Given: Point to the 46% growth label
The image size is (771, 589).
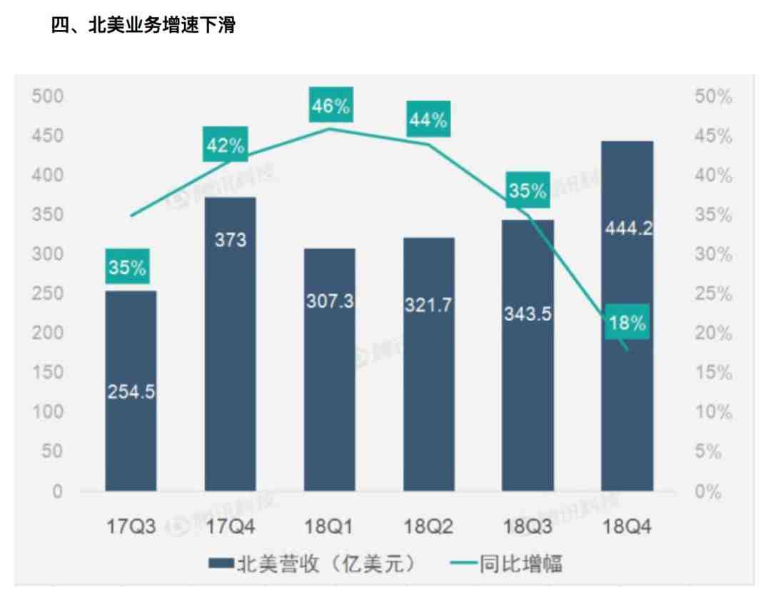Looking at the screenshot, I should [x=331, y=107].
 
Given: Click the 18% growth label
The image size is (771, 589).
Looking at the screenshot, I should [x=627, y=323].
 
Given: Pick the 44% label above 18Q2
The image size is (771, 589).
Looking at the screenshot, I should [x=428, y=121].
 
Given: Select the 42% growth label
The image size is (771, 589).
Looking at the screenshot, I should [x=226, y=146].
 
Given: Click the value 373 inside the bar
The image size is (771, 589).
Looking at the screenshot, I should [x=230, y=240].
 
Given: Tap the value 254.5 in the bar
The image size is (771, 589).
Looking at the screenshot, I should [x=131, y=392].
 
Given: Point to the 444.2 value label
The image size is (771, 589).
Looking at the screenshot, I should [x=628, y=229].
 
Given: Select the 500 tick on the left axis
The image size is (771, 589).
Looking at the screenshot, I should [x=48, y=96].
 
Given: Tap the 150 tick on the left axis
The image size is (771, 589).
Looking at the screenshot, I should [x=48, y=373].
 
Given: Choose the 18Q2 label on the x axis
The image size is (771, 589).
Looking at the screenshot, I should [x=428, y=528].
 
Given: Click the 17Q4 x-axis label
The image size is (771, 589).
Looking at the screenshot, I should [x=230, y=528].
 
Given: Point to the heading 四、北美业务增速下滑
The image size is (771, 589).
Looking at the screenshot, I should [x=143, y=26].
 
